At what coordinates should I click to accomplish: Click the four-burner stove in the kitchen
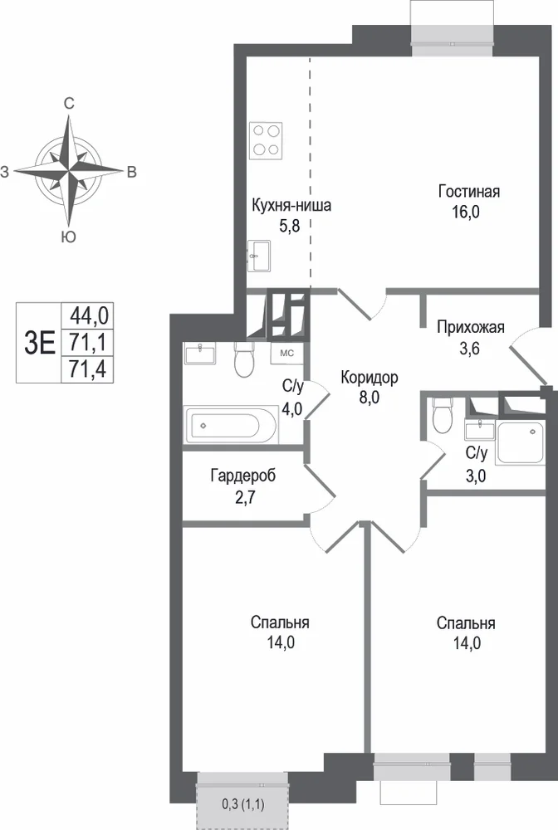[x=266, y=140]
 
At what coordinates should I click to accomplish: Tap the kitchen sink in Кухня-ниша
[x=259, y=256]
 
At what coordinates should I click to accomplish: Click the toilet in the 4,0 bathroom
[x=244, y=359]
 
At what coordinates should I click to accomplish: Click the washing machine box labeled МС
[x=286, y=353]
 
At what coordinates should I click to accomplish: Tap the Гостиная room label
[x=468, y=191]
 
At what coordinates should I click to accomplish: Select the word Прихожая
[x=471, y=327]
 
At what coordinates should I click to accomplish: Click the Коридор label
[x=369, y=378]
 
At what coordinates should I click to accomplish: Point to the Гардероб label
[x=243, y=476]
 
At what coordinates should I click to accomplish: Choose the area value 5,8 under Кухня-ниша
[x=290, y=227]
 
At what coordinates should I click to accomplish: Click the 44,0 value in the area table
[x=90, y=316]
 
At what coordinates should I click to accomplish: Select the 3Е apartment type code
[x=40, y=343]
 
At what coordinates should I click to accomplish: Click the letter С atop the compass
[x=69, y=104]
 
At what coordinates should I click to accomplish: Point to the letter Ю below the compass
[x=68, y=237]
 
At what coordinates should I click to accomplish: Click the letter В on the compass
[x=131, y=172]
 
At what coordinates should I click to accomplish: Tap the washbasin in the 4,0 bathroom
[x=200, y=353]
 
